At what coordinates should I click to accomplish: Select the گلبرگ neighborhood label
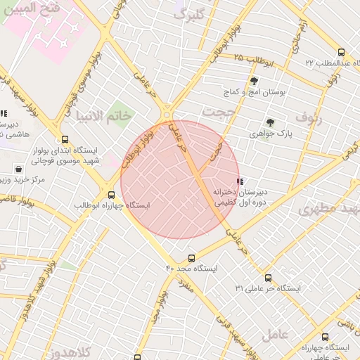tap(190, 15)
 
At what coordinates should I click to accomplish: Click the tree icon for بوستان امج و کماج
tap(254, 81)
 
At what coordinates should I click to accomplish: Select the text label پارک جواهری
tap(270, 132)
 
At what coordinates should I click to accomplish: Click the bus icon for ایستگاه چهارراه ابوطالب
tap(111, 195)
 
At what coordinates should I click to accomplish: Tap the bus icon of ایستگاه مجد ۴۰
tap(192, 259)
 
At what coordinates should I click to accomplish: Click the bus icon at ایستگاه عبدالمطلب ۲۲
tap(341, 52)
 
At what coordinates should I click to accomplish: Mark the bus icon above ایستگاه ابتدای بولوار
tap(65, 140)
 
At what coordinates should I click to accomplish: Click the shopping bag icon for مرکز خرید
tap(18, 169)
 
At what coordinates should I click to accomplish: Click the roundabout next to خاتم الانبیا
tap(167, 112)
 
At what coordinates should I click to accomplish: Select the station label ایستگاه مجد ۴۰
tap(192, 269)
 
